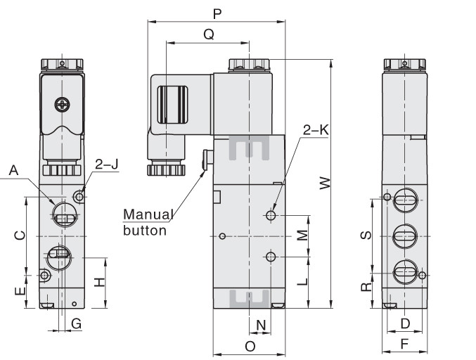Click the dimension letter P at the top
(217, 13)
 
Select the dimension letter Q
(209, 34)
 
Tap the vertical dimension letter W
(325, 184)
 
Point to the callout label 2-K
(316, 130)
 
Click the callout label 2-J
(107, 165)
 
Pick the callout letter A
(13, 170)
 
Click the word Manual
(148, 214)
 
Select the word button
(145, 231)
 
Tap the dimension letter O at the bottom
(250, 346)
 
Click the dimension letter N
(261, 325)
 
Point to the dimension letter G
(77, 323)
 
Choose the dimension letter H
(99, 282)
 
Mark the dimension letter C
(20, 236)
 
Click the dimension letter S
(366, 235)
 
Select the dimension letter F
(404, 345)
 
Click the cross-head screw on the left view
(63, 105)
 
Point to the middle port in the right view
(405, 236)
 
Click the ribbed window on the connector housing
(172, 105)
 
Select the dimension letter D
(405, 323)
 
